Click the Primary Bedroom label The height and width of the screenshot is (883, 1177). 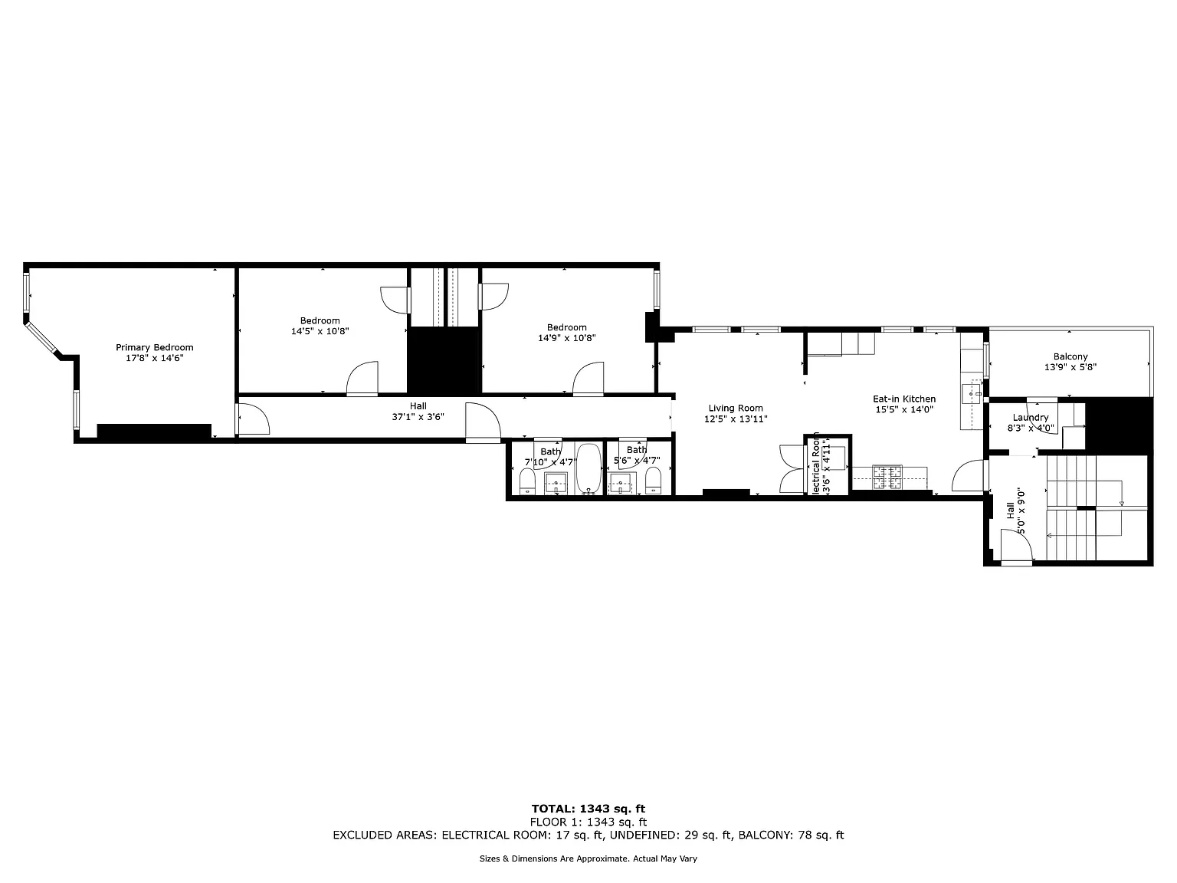pos(154,347)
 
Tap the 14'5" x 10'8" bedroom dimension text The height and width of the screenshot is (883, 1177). pos(320,332)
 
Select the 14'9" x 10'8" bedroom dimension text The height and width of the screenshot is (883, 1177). pos(566,338)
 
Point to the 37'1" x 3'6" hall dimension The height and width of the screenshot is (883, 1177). pos(418,417)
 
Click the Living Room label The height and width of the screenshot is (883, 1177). pos(735,409)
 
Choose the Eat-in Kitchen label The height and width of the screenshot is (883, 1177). pos(904,399)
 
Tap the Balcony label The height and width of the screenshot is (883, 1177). pos(1070,356)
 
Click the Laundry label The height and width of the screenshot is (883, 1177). pos(1030,418)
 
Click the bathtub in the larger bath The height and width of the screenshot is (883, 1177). pos(588,468)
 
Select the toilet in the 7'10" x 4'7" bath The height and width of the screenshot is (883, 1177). pos(527,482)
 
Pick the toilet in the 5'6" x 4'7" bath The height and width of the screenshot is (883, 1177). pos(653,481)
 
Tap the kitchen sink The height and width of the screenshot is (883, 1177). pos(972,392)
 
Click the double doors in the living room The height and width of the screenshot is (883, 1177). pos(790,468)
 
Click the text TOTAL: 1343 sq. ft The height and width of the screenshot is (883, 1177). pos(588,809)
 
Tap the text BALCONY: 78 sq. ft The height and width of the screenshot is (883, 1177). pos(790,835)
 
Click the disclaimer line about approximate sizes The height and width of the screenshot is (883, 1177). pos(588,859)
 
